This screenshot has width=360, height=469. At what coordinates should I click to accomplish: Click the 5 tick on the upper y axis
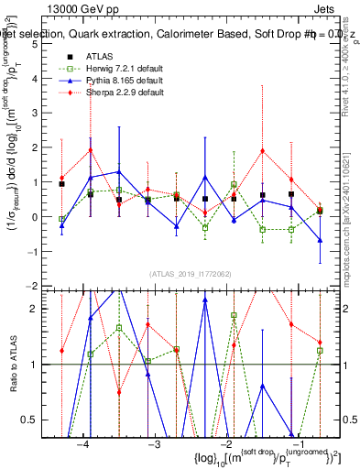click(45, 44)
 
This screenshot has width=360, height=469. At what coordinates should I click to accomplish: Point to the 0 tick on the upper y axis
click(45, 217)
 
